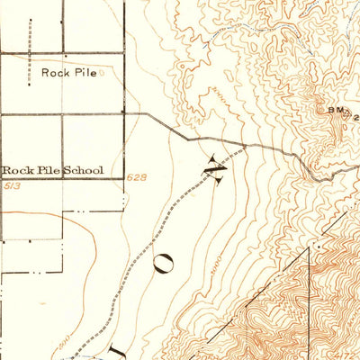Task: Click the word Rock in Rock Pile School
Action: (x=17, y=169)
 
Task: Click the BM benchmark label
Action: (x=335, y=110)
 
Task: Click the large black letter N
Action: (x=215, y=169)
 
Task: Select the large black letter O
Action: (x=166, y=262)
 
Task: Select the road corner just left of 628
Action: (x=124, y=179)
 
